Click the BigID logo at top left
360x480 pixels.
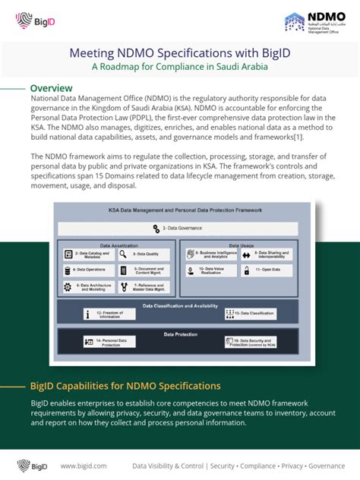(33, 22)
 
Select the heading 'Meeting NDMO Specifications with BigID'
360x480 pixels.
(179, 54)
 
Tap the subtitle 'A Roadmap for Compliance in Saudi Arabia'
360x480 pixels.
(179, 67)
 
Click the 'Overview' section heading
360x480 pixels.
(51, 88)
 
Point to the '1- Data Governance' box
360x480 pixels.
(179, 227)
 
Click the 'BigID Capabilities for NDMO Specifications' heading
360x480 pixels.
(125, 387)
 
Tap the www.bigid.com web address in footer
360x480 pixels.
(83, 466)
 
